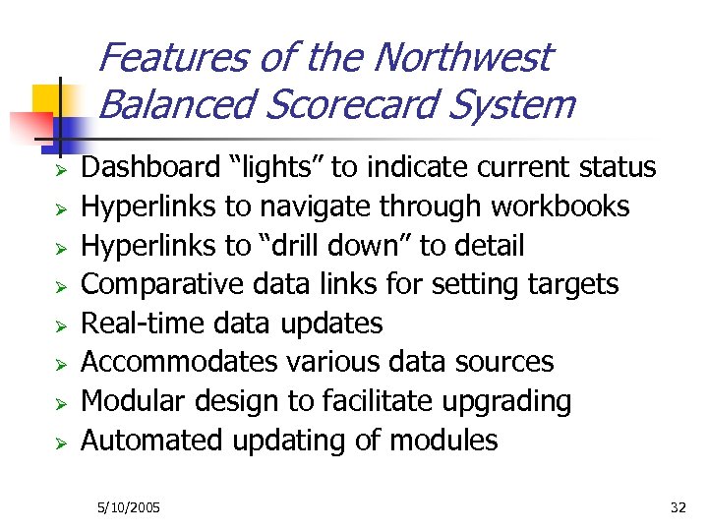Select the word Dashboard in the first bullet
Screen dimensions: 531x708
click(149, 168)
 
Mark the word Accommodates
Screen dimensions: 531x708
click(179, 362)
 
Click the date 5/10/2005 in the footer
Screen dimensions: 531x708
click(129, 508)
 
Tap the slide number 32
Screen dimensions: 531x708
click(678, 508)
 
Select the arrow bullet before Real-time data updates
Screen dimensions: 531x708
click(59, 324)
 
